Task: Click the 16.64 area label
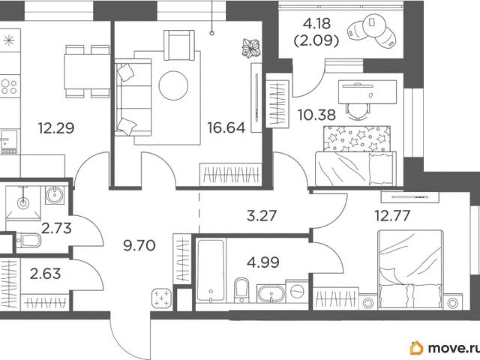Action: click(x=226, y=127)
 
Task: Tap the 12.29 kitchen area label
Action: click(x=56, y=128)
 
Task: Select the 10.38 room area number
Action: click(x=316, y=115)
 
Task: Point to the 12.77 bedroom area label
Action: click(x=392, y=215)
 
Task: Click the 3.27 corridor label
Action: click(x=262, y=215)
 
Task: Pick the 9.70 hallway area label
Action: click(x=139, y=245)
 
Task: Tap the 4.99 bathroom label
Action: click(x=263, y=262)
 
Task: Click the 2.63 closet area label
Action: click(x=45, y=273)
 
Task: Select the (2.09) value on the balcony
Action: click(x=316, y=40)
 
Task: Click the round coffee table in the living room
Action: click(x=173, y=85)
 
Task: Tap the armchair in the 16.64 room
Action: click(x=179, y=45)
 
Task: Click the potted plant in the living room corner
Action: click(x=251, y=48)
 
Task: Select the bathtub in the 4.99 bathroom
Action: click(x=211, y=270)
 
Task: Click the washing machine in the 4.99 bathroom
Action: click(x=297, y=291)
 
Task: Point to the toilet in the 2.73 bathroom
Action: click(x=28, y=240)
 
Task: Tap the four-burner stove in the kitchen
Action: click(x=9, y=87)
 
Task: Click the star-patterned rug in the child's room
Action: click(x=357, y=139)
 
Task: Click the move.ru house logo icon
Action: click(x=416, y=348)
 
